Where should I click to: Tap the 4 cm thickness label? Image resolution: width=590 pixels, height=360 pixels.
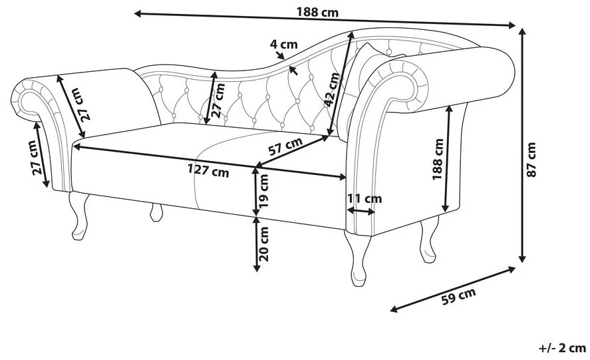coord(283,45)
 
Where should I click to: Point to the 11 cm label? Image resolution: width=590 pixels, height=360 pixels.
coord(365,198)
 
